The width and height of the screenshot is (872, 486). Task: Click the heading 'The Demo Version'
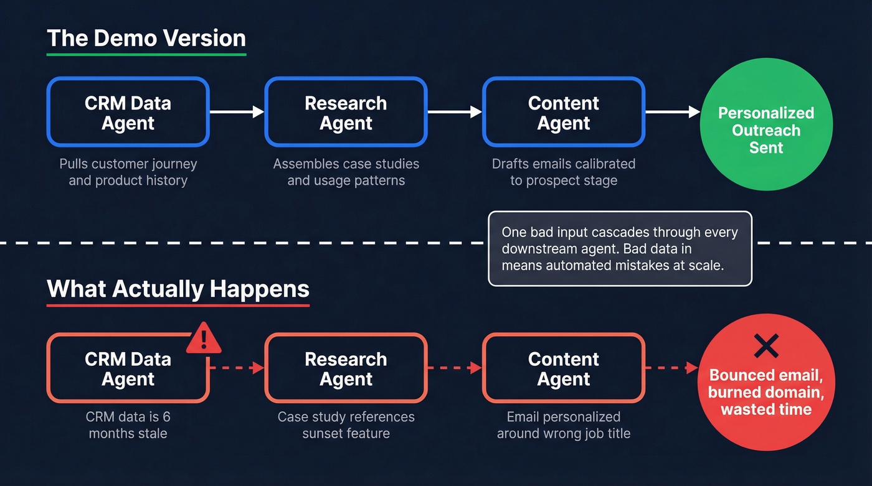pyautogui.click(x=146, y=39)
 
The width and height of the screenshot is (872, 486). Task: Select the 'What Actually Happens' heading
pyautogui.click(x=178, y=289)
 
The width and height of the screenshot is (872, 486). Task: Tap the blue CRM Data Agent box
pyautogui.click(x=128, y=113)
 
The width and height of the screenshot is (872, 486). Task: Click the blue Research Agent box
pyautogui.click(x=346, y=113)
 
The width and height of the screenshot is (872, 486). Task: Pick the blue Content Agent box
pyautogui.click(x=563, y=113)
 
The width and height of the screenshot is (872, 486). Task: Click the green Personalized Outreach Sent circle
pyautogui.click(x=765, y=130)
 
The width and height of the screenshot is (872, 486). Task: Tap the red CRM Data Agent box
pyautogui.click(x=128, y=368)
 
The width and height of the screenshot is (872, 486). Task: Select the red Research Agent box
pyautogui.click(x=346, y=368)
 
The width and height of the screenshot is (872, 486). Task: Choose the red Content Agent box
pyautogui.click(x=563, y=368)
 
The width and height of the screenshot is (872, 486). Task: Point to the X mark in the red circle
pyautogui.click(x=765, y=345)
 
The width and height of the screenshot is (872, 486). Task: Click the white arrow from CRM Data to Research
pyautogui.click(x=237, y=112)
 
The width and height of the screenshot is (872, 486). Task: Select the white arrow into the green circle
pyautogui.click(x=672, y=112)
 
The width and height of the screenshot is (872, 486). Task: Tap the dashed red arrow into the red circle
pyautogui.click(x=671, y=368)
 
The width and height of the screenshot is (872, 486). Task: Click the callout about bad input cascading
pyautogui.click(x=620, y=249)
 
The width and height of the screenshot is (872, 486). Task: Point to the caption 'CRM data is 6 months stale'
pyautogui.click(x=128, y=425)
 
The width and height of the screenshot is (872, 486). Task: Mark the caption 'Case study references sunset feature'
pyautogui.click(x=346, y=425)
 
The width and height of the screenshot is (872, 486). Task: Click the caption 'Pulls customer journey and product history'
pyautogui.click(x=128, y=172)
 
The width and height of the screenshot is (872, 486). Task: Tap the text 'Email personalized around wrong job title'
pyautogui.click(x=563, y=425)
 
